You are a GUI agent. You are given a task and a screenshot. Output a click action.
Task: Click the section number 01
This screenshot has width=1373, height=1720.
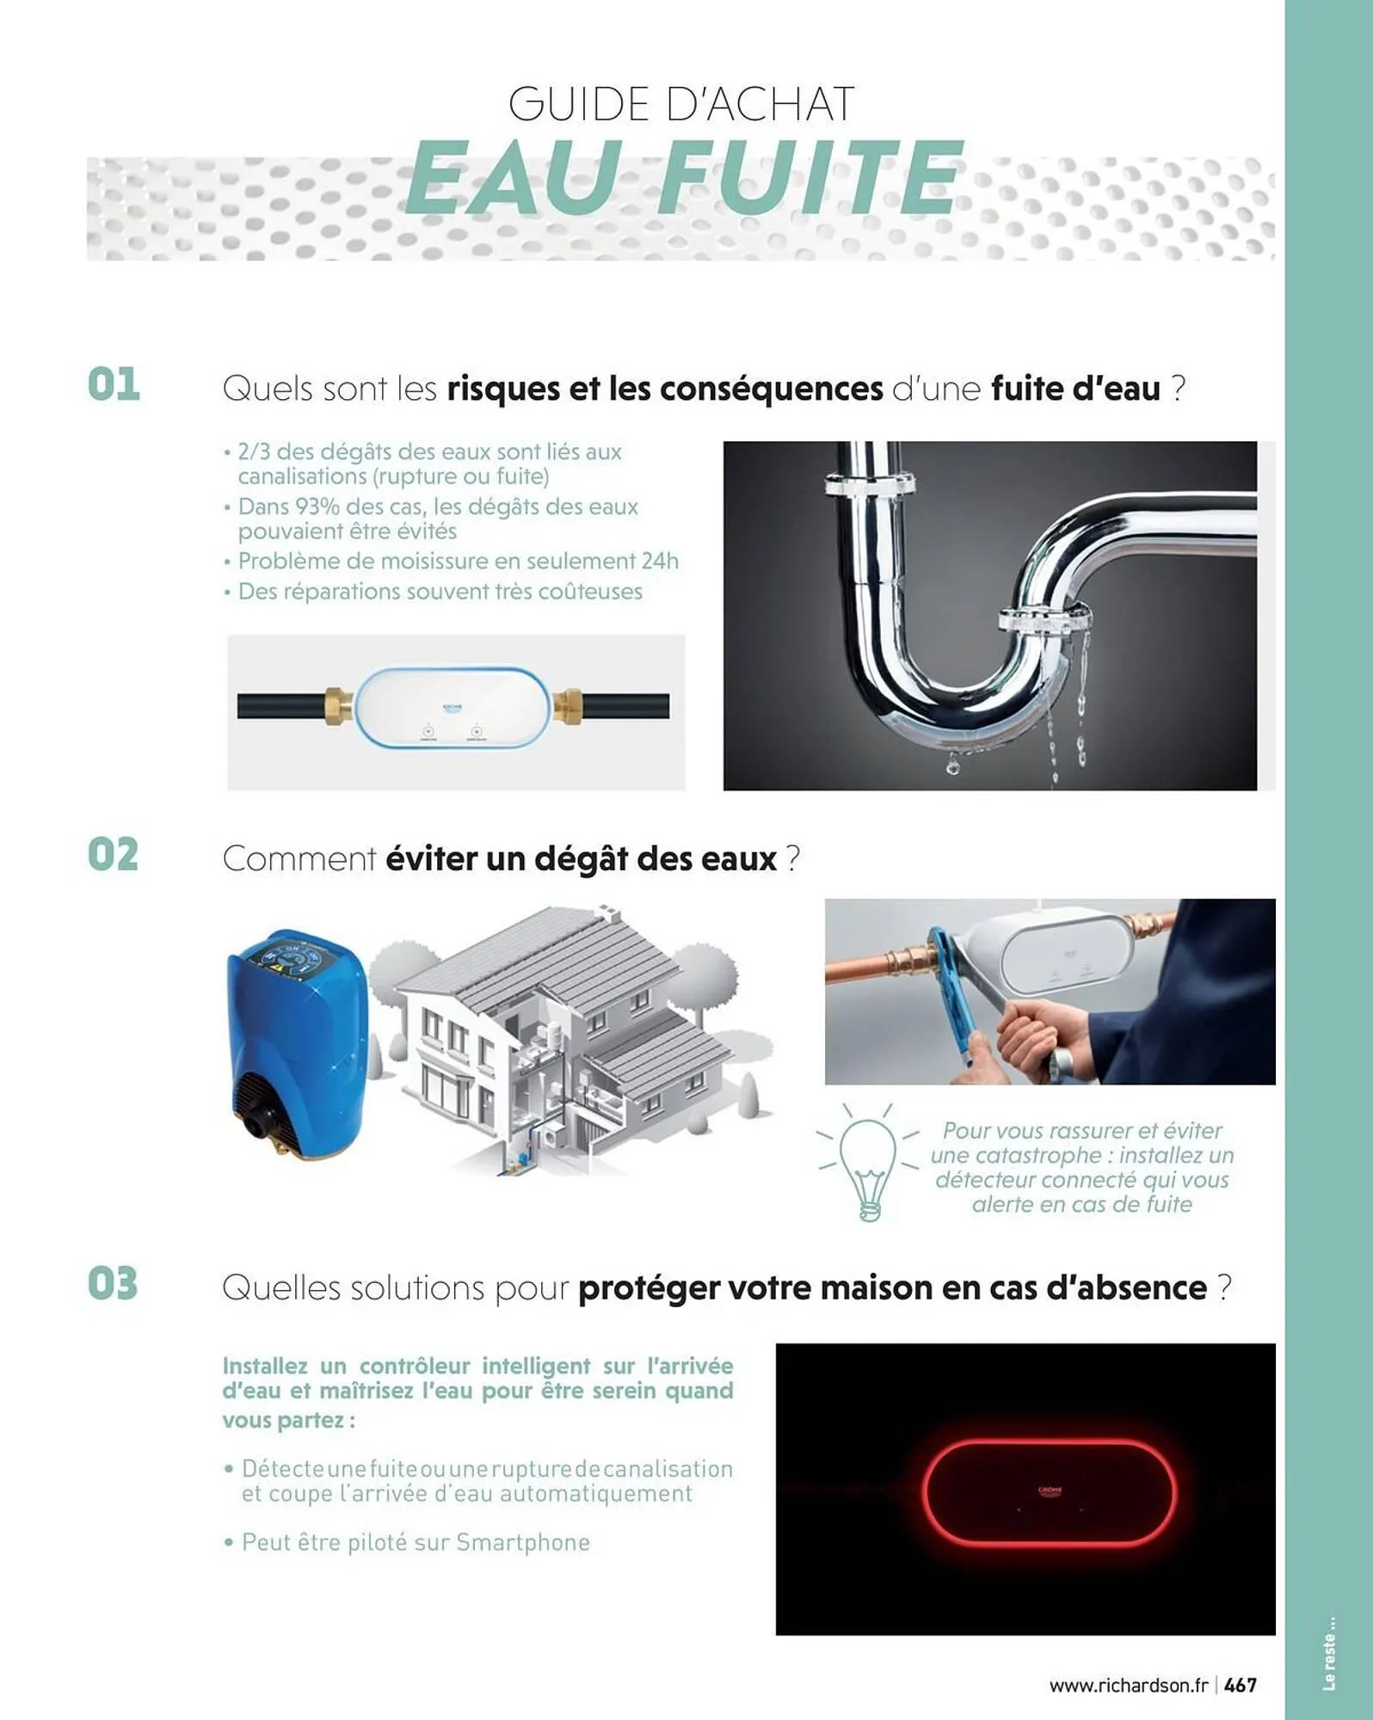point(114,384)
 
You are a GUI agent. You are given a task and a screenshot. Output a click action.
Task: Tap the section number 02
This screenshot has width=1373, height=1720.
point(114,855)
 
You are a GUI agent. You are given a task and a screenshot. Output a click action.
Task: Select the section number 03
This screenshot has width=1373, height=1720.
point(114,1284)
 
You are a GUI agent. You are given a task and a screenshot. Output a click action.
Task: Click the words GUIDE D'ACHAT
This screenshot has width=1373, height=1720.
point(681,105)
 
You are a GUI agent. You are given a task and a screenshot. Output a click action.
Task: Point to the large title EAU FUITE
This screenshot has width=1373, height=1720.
point(682,179)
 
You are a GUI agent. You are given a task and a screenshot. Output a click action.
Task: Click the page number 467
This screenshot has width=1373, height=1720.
point(1241,1685)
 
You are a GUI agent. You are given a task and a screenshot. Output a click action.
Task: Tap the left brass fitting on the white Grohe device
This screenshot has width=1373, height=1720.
point(338,706)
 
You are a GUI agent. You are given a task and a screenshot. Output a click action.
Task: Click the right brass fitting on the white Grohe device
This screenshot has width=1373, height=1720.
point(568,706)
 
